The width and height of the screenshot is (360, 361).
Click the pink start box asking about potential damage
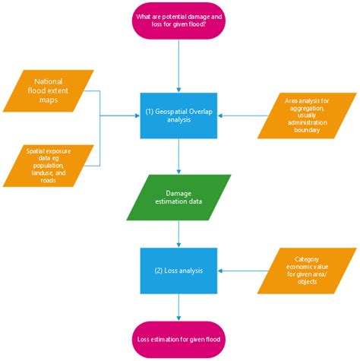(x=178, y=22)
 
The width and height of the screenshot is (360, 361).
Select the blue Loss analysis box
(x=178, y=271)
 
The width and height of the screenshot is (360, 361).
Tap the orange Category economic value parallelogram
(x=307, y=270)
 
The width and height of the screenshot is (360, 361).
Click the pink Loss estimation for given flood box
(x=178, y=339)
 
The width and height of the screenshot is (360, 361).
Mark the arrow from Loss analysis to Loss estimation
(x=178, y=306)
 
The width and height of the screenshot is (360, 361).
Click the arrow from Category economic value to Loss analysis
(x=238, y=271)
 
